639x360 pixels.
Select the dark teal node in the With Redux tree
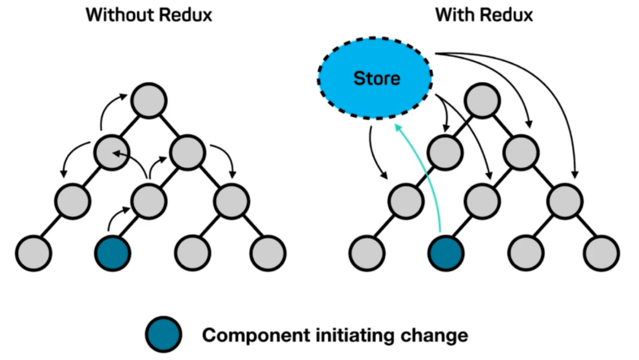coord(446,253)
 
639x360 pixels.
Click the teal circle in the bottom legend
coord(163,335)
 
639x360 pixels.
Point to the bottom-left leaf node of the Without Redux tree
coord(34,253)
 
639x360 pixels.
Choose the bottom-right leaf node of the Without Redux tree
coord(268,253)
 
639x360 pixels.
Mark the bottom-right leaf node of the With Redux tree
coord(602,253)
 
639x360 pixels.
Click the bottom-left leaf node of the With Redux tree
coord(366,253)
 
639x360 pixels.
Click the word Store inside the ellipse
coord(377,79)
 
